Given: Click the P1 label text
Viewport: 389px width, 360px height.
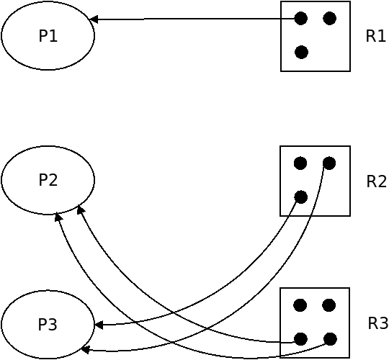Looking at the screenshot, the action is coord(48,36).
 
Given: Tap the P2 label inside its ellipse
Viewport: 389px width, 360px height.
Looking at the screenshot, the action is coord(48,180).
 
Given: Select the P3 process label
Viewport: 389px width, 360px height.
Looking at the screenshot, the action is coord(48,324).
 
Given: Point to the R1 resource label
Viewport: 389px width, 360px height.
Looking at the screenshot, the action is coord(376,36).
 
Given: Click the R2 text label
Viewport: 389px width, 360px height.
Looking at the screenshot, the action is coord(376,181).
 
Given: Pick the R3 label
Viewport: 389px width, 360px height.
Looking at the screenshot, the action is coord(378,323).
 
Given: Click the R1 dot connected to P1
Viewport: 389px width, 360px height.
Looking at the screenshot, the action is coord(301,18).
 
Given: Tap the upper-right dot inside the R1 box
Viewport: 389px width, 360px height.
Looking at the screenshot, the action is coord(330,18).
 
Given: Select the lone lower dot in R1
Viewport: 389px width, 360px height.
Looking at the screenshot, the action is coord(301,52).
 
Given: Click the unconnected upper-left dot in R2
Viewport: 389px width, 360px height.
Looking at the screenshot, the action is coord(300,163).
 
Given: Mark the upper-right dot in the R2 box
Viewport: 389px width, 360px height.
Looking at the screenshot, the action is coord(329,163).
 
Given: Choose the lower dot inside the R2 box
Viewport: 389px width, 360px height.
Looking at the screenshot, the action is coord(301,197).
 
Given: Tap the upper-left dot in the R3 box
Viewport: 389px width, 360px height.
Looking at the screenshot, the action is coord(300,305).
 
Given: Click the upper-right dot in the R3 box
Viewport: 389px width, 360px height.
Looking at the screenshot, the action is coord(329,305).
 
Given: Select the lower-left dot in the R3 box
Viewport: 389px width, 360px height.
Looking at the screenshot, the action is coord(300,339).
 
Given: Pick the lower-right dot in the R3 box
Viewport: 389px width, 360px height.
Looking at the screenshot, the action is coord(330,339).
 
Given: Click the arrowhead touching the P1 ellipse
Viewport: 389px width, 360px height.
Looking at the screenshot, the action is coord(93,19).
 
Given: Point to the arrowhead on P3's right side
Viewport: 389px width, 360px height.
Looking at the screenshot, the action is coord(99,325).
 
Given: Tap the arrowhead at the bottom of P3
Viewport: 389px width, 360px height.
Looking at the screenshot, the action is coord(85,350).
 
